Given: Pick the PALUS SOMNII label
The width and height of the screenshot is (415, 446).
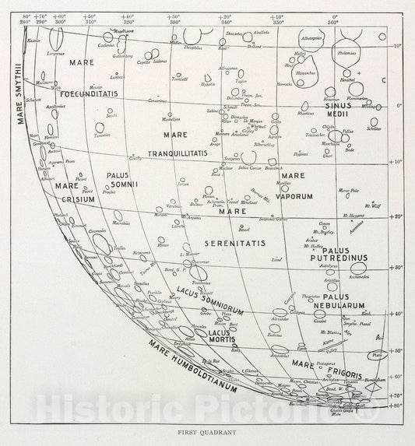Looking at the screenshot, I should click(x=121, y=181).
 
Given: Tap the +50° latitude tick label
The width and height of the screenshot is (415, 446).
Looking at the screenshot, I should click(x=396, y=351).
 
